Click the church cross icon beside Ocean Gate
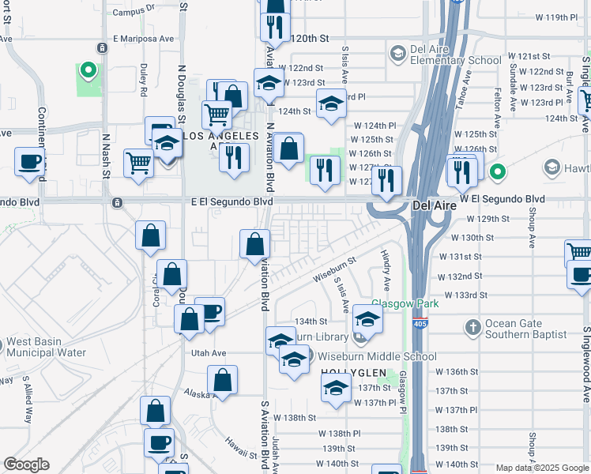pos(472,326)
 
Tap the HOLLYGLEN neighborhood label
pos(348,372)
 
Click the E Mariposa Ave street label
pos(143,38)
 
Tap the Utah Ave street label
pos(209,353)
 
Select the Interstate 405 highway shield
pos(420,323)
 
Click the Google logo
pos(26,465)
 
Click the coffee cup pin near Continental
pos(30,162)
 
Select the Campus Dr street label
pos(134,11)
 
